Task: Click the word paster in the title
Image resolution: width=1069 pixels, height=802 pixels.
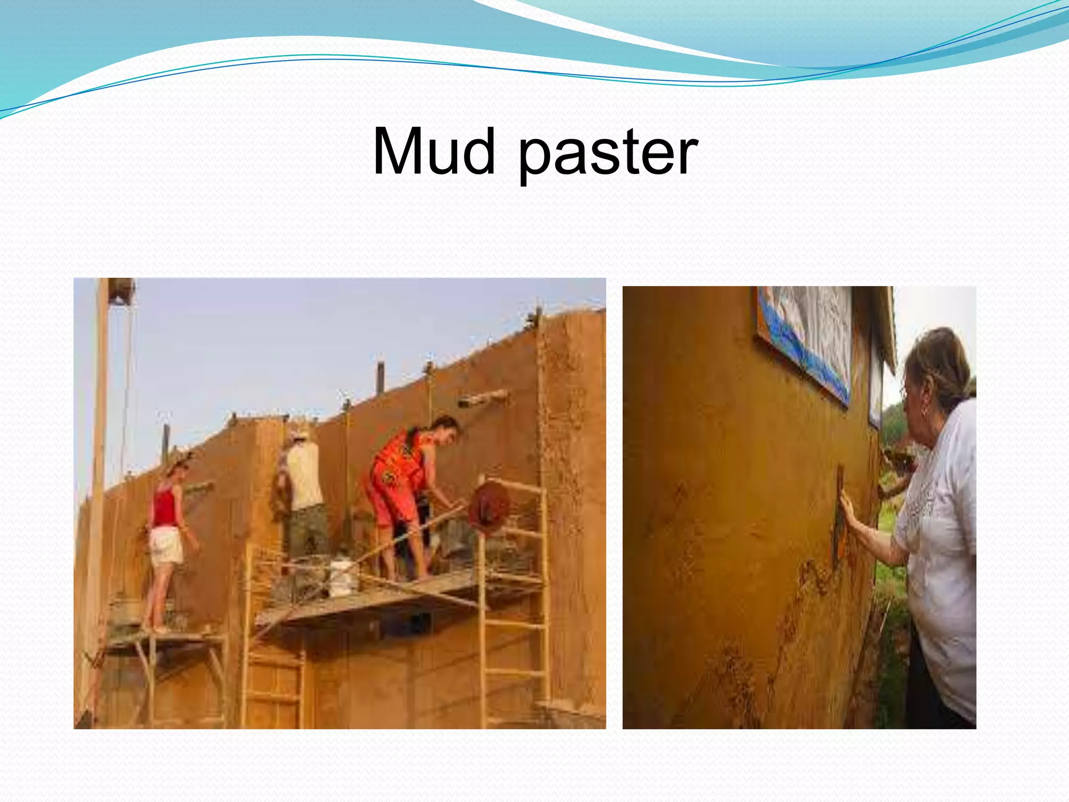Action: (608, 155)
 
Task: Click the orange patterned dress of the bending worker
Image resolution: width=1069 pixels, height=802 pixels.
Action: (397, 475)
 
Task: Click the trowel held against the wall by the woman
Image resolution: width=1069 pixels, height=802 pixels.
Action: (839, 517)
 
